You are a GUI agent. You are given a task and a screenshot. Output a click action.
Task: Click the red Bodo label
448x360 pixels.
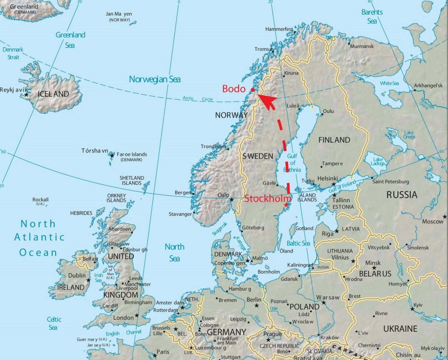point(233,89)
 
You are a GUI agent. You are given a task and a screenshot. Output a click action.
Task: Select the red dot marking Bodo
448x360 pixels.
point(253,90)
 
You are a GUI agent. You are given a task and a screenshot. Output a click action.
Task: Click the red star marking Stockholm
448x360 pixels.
point(286,205)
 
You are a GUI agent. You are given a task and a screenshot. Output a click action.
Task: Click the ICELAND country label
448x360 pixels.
point(53,94)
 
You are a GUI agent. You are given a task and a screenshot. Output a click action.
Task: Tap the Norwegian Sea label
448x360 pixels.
point(155,79)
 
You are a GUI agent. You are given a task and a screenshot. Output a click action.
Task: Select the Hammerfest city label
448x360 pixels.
point(279,29)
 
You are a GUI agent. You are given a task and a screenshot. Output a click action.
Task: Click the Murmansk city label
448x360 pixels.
point(362,46)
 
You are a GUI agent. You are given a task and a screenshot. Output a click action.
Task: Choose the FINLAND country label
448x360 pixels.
point(334,140)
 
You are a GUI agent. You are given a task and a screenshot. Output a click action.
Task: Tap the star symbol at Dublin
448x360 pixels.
point(89,280)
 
